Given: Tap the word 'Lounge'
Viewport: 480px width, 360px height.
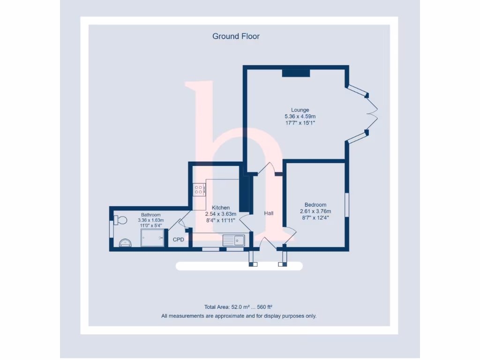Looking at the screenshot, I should (300, 110).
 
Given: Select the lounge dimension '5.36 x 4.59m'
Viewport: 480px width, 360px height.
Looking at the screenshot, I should (300, 116).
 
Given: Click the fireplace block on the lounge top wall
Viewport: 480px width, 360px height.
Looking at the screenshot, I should (296, 73).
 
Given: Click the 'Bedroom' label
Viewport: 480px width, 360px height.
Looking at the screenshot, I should (315, 205).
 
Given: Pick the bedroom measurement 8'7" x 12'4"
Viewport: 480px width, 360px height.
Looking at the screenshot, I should (315, 217).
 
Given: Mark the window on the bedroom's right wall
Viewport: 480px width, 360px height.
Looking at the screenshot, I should (347, 204).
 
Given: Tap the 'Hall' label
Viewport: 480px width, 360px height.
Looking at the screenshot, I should (269, 213).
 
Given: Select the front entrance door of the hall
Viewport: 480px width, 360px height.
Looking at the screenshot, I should (265, 243).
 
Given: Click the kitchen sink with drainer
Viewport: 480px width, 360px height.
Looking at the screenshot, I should (234, 240).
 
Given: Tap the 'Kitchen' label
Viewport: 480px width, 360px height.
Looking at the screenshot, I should (221, 208).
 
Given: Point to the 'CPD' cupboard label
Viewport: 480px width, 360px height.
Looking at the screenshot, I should (179, 240).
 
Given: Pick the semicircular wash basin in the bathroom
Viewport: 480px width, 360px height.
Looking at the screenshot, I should (125, 242).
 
